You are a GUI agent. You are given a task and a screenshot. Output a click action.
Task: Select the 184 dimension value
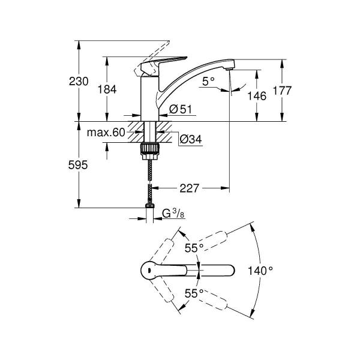tap(108, 89)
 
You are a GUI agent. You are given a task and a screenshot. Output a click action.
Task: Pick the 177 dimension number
tap(281, 91)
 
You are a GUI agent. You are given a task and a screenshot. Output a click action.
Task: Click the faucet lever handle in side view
tap(157, 61)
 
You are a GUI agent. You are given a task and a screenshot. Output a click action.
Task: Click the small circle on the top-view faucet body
tap(146, 270)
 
